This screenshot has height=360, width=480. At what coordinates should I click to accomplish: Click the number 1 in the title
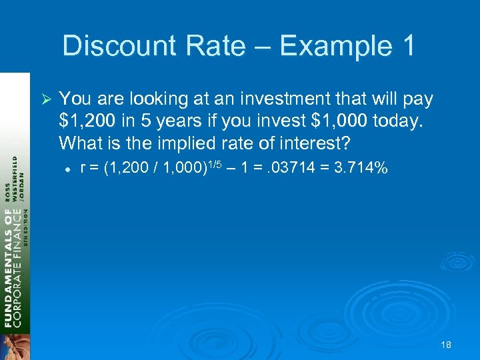point(407,46)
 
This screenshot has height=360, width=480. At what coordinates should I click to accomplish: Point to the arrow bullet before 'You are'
point(46,100)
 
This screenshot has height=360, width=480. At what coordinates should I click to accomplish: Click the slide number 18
point(445,345)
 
